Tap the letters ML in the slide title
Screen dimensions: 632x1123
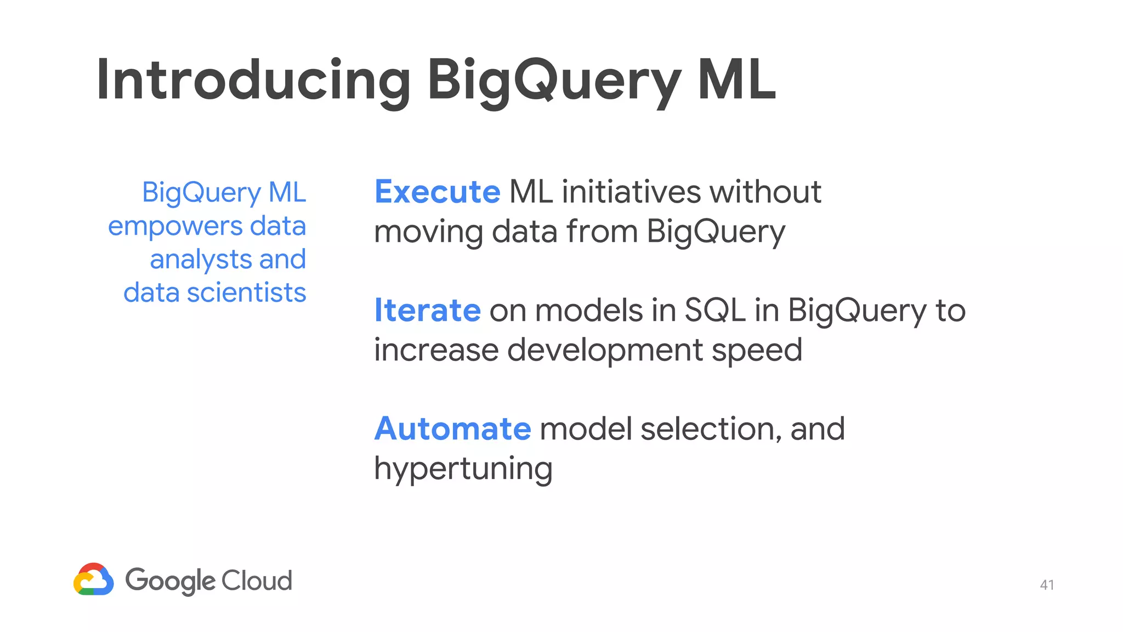736,81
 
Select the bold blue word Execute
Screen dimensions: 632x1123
437,192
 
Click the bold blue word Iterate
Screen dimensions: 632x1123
427,311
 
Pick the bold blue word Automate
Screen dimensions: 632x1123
452,429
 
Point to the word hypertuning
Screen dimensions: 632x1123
463,470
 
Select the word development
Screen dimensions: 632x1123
605,351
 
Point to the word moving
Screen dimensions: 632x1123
428,233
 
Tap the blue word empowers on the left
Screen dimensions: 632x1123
175,227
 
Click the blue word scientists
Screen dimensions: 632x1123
246,293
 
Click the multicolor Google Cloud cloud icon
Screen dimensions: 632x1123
94,579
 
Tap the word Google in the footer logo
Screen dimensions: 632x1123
170,581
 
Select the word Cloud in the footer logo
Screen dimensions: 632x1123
257,580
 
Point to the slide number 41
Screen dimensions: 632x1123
1047,585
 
